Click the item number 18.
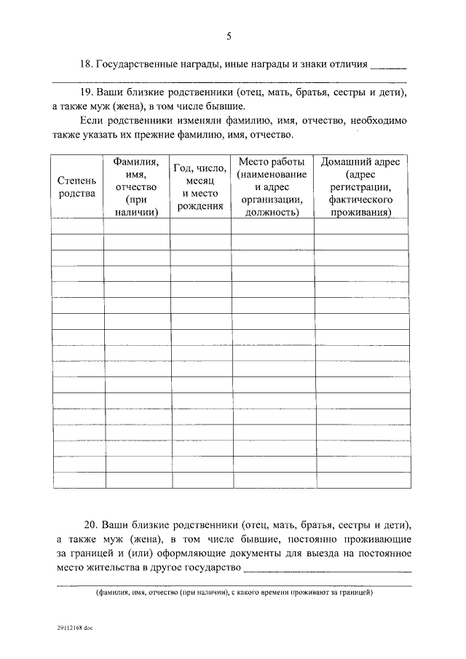pyautogui.click(x=85, y=64)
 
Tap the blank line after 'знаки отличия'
pyautogui.click(x=389, y=66)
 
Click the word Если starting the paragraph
pyautogui.click(x=92, y=120)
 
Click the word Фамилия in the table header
pyautogui.click(x=137, y=161)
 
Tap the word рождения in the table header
pyautogui.click(x=200, y=207)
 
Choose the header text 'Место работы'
pyautogui.click(x=272, y=161)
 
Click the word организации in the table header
pyautogui.click(x=272, y=200)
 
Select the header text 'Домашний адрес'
pyautogui.click(x=360, y=161)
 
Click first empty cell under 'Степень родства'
pyautogui.click(x=77, y=226)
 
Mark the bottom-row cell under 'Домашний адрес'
pyautogui.click(x=360, y=481)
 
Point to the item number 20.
pyautogui.click(x=91, y=524)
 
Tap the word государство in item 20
pyautogui.click(x=212, y=567)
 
